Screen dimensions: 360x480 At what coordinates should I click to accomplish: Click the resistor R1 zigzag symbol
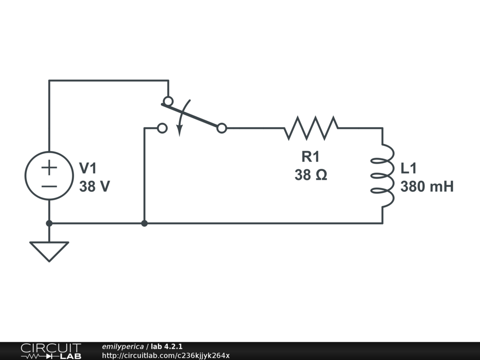point(311,128)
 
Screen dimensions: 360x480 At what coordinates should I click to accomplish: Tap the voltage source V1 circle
point(49,176)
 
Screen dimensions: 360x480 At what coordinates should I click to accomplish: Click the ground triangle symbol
point(49,250)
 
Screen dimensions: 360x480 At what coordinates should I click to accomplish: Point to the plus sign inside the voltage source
point(49,167)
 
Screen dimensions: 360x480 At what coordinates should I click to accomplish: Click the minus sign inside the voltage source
point(49,186)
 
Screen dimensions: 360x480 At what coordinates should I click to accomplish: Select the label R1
point(310,157)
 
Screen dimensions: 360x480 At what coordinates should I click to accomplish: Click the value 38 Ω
point(310,175)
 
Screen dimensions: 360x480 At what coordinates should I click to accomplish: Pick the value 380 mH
point(427,187)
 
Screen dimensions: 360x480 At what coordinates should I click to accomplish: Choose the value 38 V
point(95,187)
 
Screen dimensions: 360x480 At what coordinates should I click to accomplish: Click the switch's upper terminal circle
point(168,101)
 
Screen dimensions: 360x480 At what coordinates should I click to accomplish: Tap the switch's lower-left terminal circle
point(162,128)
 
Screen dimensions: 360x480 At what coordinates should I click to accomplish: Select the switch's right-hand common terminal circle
point(222,128)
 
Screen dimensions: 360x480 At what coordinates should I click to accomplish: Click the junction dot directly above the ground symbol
point(49,223)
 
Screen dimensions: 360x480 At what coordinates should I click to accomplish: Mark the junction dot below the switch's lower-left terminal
point(144,223)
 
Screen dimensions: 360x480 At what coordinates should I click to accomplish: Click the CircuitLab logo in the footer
point(51,351)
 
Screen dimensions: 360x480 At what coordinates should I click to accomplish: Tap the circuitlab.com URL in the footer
point(165,355)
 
